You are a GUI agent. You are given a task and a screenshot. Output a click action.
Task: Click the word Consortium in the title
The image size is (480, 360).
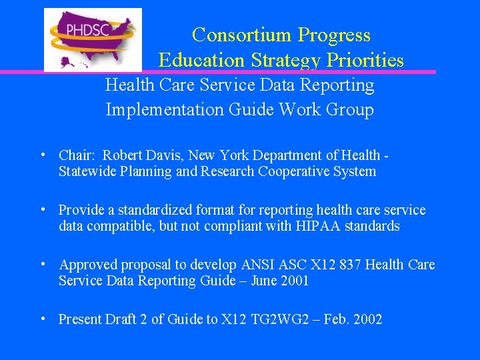(242, 35)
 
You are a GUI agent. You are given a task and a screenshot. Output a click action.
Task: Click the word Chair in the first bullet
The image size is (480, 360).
(76, 155)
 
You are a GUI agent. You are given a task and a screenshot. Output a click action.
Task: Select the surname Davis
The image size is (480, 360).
(165, 155)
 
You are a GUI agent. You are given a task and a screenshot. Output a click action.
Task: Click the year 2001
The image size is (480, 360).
(294, 281)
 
